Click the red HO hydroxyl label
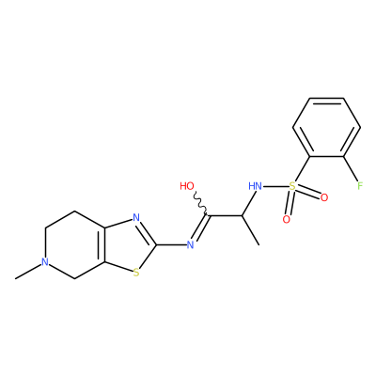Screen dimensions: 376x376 (x=187, y=186)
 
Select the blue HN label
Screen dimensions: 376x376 (x=255, y=186)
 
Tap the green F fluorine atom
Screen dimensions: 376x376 (x=360, y=186)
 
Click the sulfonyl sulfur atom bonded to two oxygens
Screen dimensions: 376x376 (x=292, y=187)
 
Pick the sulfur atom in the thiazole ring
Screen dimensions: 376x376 (x=135, y=273)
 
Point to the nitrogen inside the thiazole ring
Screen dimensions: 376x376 (x=135, y=217)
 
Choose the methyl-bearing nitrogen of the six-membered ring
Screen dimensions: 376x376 (x=45, y=262)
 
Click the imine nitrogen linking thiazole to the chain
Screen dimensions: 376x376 (x=190, y=244)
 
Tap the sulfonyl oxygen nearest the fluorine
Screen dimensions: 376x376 (x=324, y=197)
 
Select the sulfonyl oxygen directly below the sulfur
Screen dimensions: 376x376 (x=286, y=219)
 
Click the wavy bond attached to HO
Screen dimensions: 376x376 (x=200, y=204)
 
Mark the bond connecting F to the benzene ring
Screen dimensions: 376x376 (x=351, y=168)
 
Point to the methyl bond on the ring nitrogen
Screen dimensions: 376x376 (x=28, y=272)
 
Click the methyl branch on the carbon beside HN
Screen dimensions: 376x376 (x=250, y=230)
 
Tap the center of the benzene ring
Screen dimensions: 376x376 (x=326, y=128)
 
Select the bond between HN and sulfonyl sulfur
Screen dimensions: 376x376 (x=275, y=187)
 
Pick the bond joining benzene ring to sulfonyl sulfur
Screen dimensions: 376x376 (x=302, y=169)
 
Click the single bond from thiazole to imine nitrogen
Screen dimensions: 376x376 (x=171, y=244)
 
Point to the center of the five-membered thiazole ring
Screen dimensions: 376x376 (x=129, y=245)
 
